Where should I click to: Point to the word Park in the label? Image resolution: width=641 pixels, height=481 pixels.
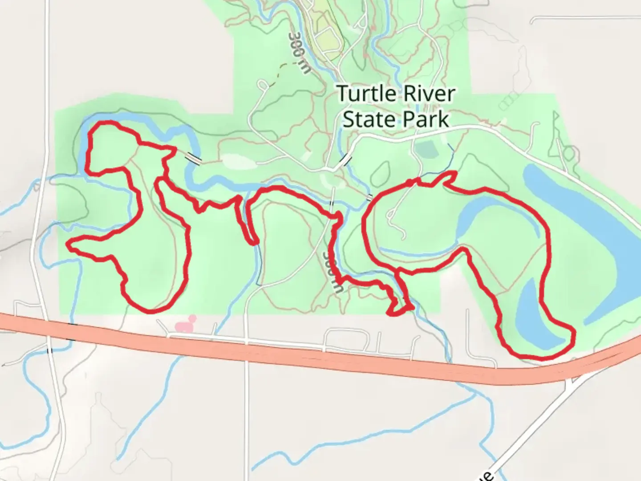[x=426, y=119]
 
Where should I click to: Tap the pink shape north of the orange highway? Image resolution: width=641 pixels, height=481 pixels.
[x=186, y=325]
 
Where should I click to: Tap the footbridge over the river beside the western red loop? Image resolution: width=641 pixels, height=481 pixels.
[x=193, y=157]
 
